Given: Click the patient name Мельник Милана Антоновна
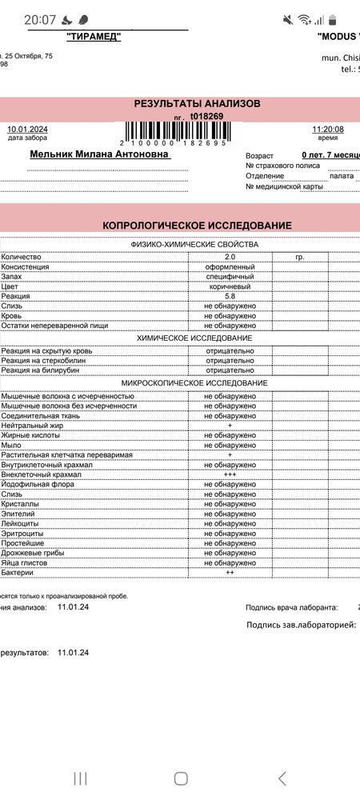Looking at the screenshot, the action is [99, 154].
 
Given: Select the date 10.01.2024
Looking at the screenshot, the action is [27, 130].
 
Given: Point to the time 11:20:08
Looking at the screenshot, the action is [328, 130].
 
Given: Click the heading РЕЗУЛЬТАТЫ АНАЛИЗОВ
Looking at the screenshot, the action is [196, 103].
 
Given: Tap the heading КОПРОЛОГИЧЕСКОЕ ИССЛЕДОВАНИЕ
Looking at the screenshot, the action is [197, 226].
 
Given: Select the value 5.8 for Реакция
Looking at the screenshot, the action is [230, 296].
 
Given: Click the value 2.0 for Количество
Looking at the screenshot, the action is [230, 256].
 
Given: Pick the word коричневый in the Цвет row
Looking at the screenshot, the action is [230, 286].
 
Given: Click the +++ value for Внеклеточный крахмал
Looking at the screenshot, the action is [230, 474].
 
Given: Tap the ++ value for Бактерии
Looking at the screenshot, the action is [230, 573].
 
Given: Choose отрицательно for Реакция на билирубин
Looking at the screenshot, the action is [230, 370].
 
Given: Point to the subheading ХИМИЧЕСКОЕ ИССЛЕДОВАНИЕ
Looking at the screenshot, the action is [194, 338].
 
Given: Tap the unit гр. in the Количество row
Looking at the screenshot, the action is [300, 256].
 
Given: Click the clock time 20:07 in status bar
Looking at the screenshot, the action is [40, 19].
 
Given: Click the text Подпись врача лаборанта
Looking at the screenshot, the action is [291, 608].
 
